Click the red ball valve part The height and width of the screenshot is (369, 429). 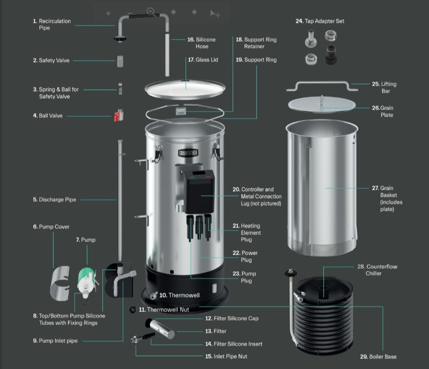(x=118, y=116)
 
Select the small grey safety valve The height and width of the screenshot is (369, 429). (x=121, y=61)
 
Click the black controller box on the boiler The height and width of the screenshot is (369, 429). (x=199, y=191)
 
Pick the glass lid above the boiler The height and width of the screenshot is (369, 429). (x=185, y=89)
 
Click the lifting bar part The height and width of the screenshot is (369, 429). (x=322, y=85)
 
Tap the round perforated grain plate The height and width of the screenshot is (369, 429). (x=322, y=104)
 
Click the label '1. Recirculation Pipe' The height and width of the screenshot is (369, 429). (x=52, y=24)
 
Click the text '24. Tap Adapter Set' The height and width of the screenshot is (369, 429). (x=320, y=21)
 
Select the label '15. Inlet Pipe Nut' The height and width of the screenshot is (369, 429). (x=226, y=356)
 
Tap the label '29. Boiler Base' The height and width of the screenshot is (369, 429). (x=378, y=357)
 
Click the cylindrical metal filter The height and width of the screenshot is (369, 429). (x=161, y=329)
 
